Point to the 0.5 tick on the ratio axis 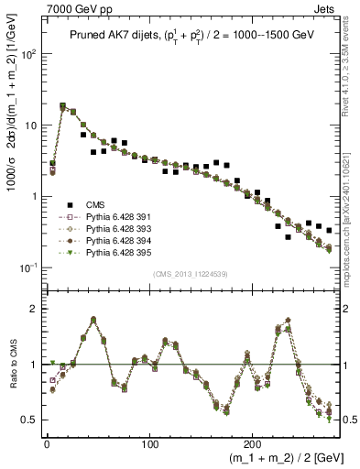(29, 420)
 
